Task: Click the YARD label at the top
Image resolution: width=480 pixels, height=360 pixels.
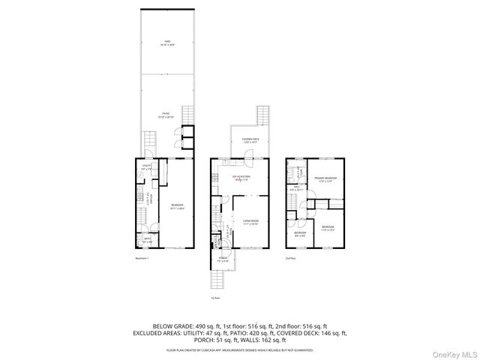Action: [x=166, y=43]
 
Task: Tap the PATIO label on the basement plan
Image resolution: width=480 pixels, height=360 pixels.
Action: [x=166, y=115]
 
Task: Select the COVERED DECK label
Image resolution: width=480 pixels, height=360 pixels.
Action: [x=250, y=140]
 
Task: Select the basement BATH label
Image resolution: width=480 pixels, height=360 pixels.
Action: [x=147, y=241]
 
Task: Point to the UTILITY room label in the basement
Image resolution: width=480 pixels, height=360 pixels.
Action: [x=147, y=168]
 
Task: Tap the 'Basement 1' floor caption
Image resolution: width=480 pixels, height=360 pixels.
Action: [x=142, y=258]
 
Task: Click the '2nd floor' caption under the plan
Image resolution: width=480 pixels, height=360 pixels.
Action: [x=290, y=258]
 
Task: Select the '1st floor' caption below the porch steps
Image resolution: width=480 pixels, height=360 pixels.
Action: [x=215, y=298]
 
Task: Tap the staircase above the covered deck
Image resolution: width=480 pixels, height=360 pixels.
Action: [x=262, y=116]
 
